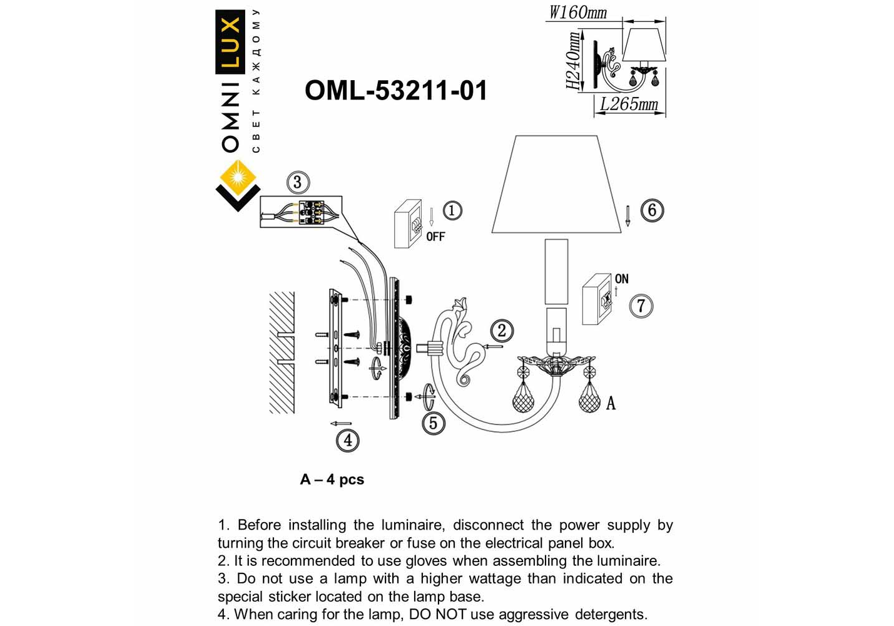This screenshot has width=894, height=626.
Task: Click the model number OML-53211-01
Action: [395, 91]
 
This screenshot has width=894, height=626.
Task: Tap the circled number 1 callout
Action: [452, 210]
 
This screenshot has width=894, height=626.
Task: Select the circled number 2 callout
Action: [502, 331]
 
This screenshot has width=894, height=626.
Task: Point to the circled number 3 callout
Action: [297, 182]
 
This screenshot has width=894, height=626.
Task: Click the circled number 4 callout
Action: [348, 440]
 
